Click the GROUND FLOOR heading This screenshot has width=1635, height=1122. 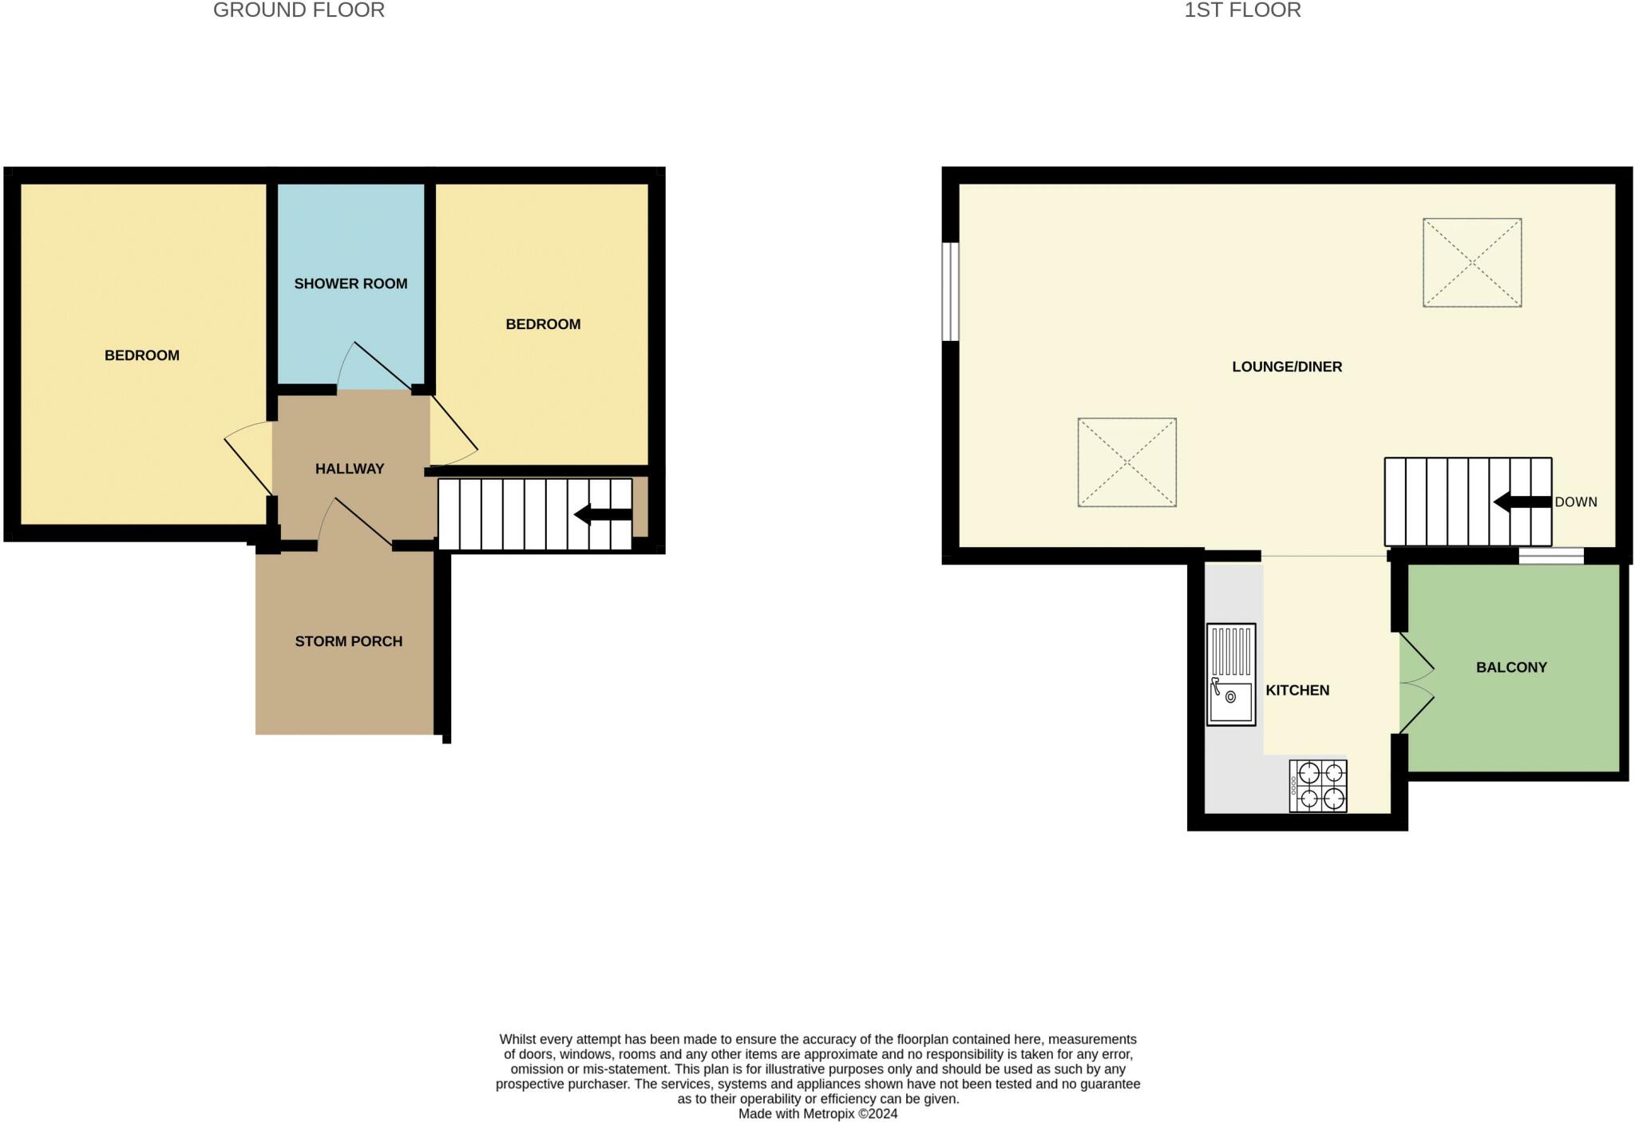tap(299, 10)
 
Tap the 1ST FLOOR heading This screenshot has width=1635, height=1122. tap(1242, 10)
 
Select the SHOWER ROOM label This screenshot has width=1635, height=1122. tap(350, 283)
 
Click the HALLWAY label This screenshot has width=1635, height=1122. tap(350, 469)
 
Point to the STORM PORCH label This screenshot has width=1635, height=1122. tap(348, 641)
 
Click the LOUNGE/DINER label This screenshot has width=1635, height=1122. tap(1287, 367)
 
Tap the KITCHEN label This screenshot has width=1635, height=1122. tap(1297, 690)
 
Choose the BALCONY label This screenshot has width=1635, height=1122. tap(1511, 667)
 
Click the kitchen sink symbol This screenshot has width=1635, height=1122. tap(1230, 675)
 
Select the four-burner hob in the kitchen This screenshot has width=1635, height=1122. tap(1318, 786)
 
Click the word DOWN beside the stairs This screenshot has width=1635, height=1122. tap(1575, 502)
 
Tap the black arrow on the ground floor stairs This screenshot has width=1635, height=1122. tap(603, 514)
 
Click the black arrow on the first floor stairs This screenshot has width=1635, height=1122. tap(1522, 502)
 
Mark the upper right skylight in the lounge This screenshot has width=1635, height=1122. tap(1471, 263)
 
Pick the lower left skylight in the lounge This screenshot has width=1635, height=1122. tap(1126, 462)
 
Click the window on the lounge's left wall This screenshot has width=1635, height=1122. tap(950, 291)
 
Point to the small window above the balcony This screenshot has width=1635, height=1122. tap(1550, 556)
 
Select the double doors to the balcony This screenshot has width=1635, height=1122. tap(1415, 683)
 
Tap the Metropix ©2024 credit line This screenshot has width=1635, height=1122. tap(817, 1113)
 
